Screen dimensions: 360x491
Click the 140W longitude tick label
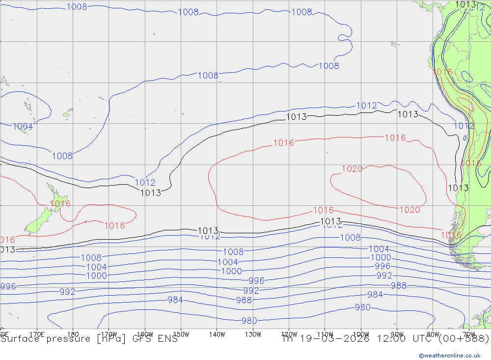click(x=217, y=334)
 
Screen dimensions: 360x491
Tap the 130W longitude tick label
click(x=253, y=334)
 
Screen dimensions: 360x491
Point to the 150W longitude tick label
click(x=181, y=334)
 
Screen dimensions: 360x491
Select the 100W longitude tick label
click(x=361, y=334)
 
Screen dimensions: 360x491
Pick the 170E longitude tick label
click(x=37, y=334)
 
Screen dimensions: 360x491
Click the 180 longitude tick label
click(x=73, y=334)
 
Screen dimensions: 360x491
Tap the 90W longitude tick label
click(x=397, y=334)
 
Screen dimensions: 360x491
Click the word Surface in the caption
click(x=19, y=339)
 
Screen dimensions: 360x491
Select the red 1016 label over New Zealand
click(x=60, y=203)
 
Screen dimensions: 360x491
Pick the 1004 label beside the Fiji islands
click(x=23, y=127)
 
